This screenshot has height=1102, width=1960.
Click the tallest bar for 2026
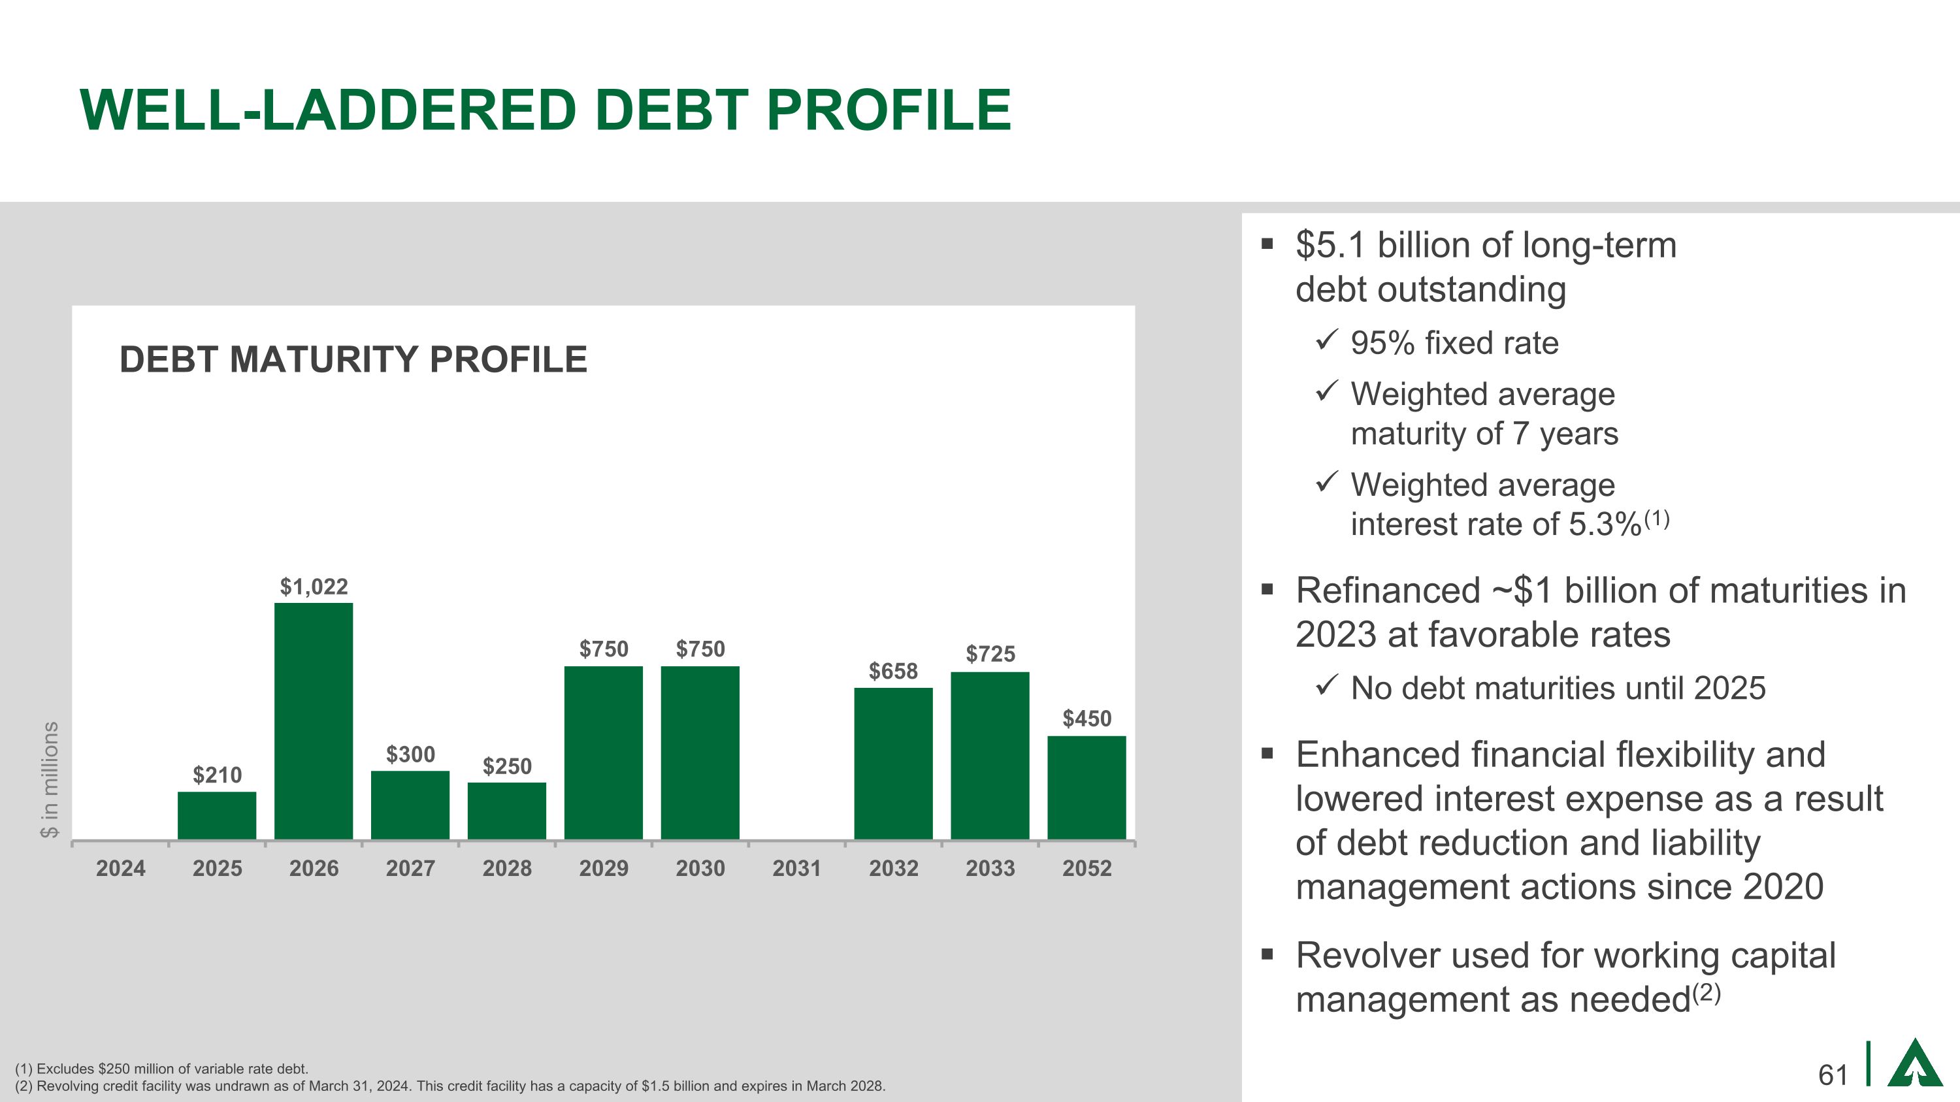coord(314,721)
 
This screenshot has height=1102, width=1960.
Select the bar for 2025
coord(217,815)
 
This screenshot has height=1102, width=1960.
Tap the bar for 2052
coord(1086,787)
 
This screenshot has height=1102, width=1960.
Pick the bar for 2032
coord(893,763)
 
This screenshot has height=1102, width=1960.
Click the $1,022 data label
coord(314,587)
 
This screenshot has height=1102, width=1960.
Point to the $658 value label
coord(893,671)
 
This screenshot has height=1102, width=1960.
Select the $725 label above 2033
coord(990,653)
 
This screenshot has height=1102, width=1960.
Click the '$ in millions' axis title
coord(50,779)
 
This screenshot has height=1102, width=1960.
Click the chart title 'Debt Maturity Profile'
coord(353,359)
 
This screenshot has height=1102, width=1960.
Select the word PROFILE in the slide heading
coord(889,110)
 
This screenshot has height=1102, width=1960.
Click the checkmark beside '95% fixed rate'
coord(1326,340)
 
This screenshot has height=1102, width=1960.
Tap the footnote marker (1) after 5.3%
coord(1656,519)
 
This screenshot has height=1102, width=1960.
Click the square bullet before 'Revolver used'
coord(1267,954)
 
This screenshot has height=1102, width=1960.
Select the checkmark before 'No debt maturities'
coord(1326,685)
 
